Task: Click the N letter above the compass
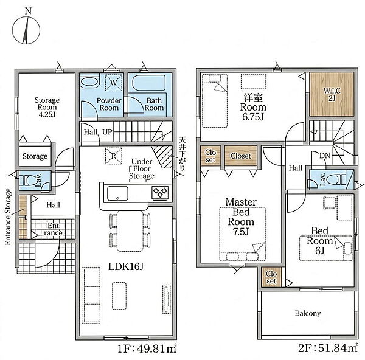28,11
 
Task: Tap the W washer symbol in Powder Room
114,82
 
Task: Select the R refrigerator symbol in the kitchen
113,156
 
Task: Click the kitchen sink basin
117,193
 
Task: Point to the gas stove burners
160,193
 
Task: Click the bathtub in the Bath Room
149,83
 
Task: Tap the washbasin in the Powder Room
89,82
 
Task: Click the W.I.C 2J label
332,94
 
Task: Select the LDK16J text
126,266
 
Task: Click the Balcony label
308,313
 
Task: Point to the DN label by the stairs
325,156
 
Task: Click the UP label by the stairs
107,132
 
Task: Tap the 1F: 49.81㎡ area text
147,349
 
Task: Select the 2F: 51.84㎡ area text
328,348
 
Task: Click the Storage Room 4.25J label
47,107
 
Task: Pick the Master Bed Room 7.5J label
241,216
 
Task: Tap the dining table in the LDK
130,231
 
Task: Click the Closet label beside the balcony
271,277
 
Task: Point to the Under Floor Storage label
142,168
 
